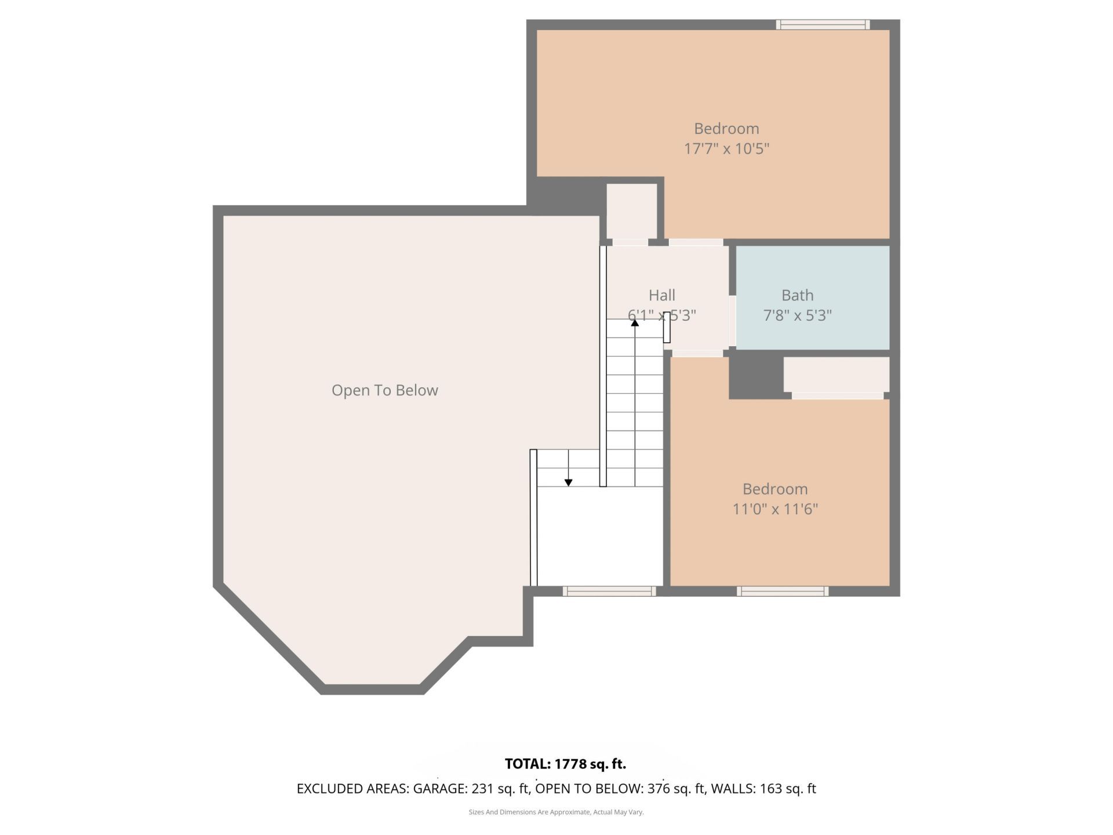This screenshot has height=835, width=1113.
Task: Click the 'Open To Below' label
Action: [384, 390]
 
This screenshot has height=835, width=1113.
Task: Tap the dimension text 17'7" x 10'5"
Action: [726, 148]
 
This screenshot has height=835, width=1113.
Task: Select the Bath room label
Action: [797, 295]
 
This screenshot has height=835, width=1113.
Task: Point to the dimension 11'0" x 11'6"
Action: [774, 509]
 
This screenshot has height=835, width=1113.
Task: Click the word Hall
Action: [661, 295]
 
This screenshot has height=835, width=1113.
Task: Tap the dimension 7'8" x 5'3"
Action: [797, 315]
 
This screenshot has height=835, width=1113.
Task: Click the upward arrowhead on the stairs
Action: [635, 322]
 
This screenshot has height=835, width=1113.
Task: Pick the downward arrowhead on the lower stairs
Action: [568, 482]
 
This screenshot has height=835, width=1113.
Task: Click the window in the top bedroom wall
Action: [823, 24]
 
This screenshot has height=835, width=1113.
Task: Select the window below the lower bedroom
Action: [783, 591]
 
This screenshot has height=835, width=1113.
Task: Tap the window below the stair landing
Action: [609, 591]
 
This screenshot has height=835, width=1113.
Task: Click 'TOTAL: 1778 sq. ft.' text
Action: [565, 764]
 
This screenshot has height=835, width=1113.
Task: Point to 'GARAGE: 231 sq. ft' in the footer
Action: [471, 789]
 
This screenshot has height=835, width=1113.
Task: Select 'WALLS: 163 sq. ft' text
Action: [763, 789]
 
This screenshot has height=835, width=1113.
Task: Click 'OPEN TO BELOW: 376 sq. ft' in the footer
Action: [620, 789]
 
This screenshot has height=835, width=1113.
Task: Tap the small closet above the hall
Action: [631, 210]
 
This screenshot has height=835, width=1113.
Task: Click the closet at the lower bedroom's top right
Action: [836, 374]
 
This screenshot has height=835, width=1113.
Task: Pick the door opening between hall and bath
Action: [732, 321]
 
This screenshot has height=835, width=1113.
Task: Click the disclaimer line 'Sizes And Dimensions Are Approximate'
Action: [556, 812]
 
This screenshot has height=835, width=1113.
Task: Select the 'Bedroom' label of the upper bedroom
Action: [726, 128]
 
